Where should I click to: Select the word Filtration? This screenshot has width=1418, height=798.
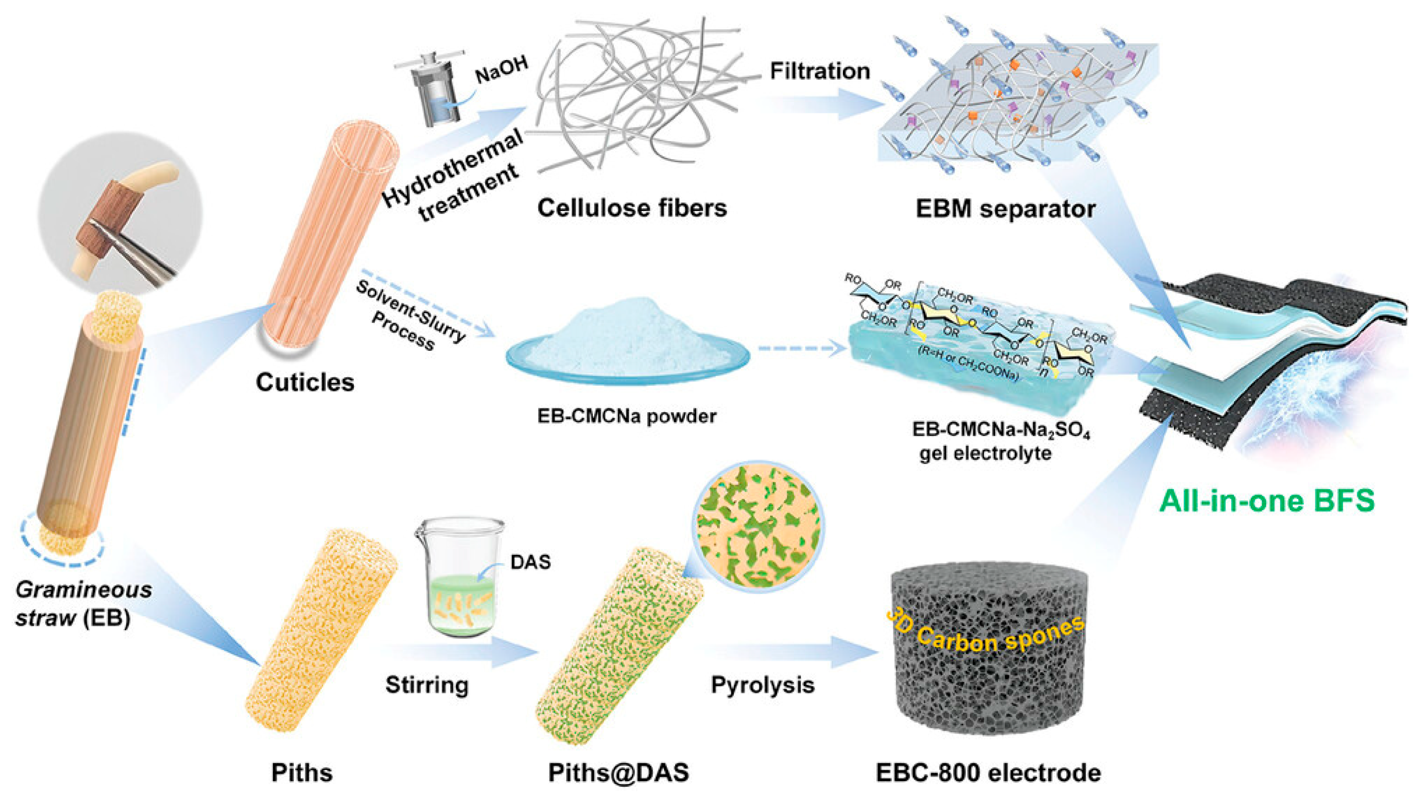820,71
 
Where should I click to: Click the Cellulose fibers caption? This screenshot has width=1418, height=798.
632,208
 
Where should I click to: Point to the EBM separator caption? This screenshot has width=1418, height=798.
1005,209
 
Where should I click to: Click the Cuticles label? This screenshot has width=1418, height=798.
305,382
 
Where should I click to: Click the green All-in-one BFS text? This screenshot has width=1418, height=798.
1267,501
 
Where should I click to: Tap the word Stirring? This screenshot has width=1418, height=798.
427,685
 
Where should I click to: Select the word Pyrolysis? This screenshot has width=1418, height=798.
762,685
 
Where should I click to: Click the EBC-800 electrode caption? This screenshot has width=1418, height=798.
988,773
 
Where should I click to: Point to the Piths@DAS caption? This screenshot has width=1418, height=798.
618,773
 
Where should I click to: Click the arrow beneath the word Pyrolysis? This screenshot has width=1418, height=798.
793,653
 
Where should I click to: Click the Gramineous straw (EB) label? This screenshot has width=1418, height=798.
83,604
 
